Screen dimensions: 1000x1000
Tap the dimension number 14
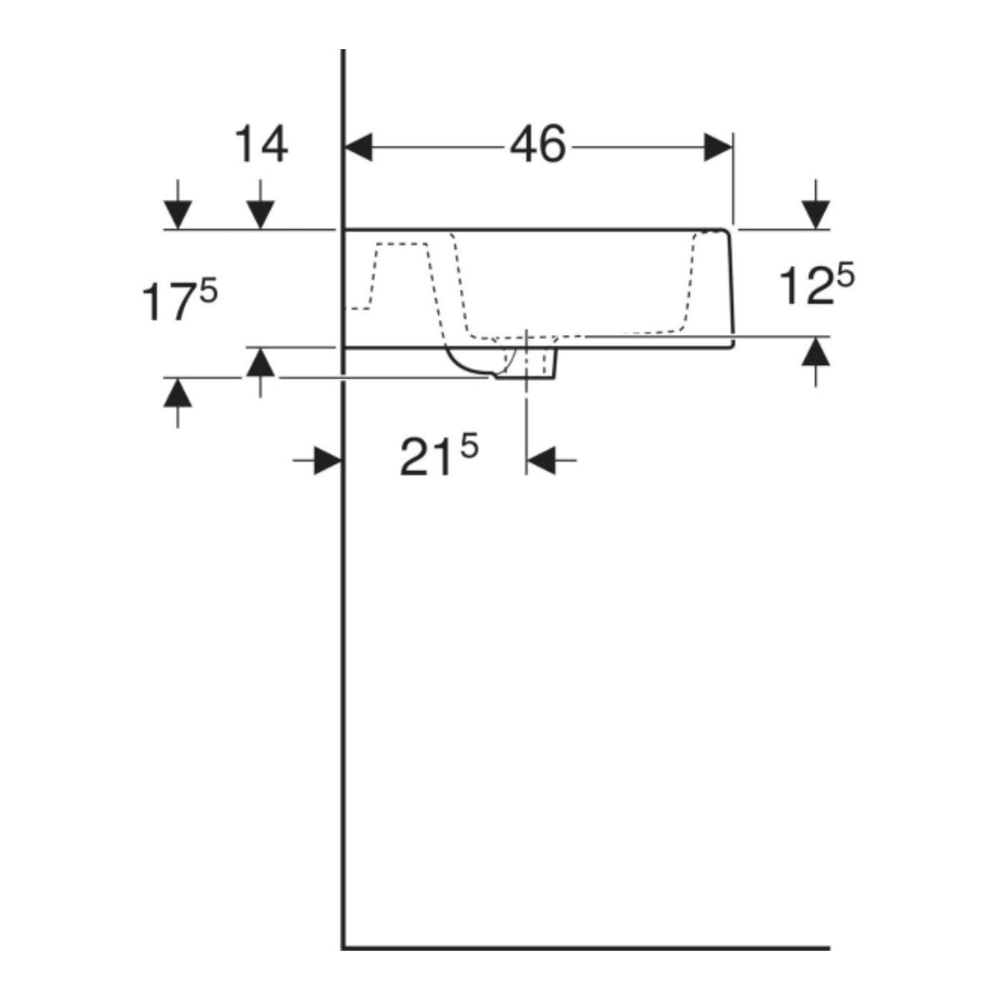pyautogui.click(x=261, y=145)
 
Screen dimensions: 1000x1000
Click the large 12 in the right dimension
pyautogui.click(x=807, y=286)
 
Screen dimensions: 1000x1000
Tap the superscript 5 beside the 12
pyautogui.click(x=845, y=277)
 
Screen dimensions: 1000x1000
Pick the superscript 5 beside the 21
pyautogui.click(x=468, y=447)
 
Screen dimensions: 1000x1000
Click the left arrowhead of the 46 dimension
pyautogui.click(x=358, y=147)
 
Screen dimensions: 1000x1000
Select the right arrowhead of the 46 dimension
pyautogui.click(x=718, y=147)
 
